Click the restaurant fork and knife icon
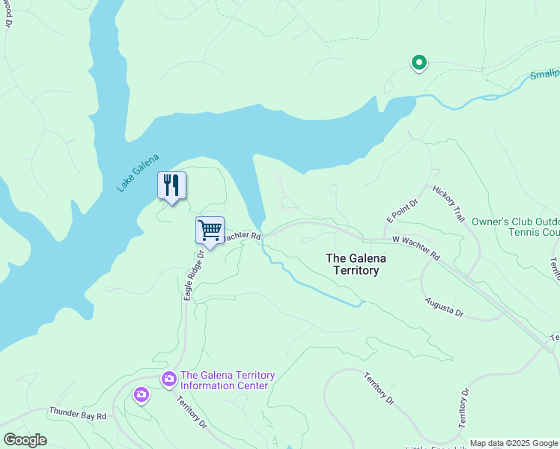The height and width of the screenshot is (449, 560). [171, 186]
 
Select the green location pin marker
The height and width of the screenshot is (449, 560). [419, 63]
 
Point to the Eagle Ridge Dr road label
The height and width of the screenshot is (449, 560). [194, 276]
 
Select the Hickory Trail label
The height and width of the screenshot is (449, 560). [448, 203]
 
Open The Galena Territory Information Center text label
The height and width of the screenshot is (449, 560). [228, 380]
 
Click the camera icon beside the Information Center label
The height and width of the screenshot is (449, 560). [168, 379]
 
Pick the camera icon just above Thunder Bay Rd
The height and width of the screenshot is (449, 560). [141, 394]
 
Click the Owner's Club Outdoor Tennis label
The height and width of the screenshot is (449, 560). [515, 227]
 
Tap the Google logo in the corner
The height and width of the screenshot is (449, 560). [25, 440]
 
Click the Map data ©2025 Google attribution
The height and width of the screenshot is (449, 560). [514, 443]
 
